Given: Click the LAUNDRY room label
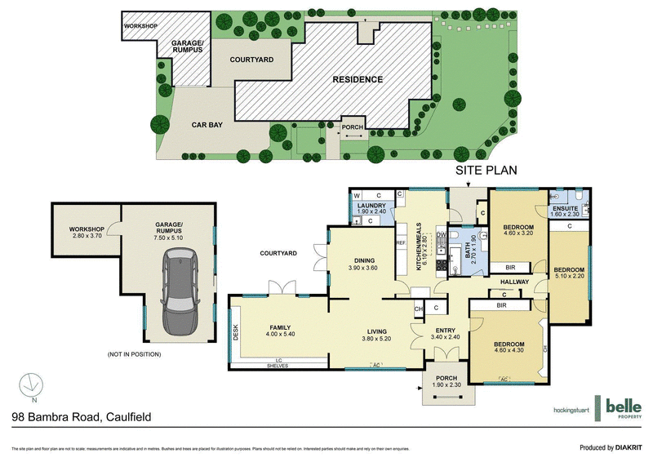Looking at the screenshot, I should (x=372, y=208).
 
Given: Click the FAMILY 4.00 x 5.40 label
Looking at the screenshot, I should (x=275, y=329).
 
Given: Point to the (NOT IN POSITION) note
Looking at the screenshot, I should (x=134, y=354).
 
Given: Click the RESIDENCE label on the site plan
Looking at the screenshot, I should (x=357, y=79).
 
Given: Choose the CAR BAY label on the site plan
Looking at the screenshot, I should (x=207, y=127).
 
